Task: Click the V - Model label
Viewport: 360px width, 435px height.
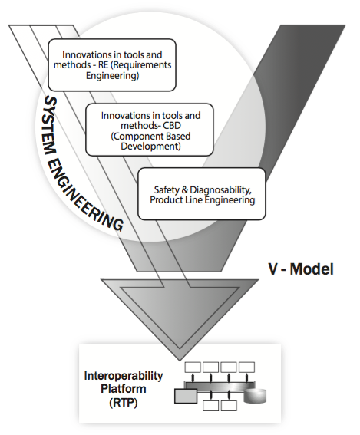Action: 301,269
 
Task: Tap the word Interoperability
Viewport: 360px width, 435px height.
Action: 124,376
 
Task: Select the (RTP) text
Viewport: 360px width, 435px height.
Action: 124,403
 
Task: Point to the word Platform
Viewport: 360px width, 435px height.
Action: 124,389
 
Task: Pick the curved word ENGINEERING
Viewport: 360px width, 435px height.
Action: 83,194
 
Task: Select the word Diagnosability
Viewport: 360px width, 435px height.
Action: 220,190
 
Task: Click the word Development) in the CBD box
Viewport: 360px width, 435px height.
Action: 150,147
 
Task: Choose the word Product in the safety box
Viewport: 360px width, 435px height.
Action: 166,200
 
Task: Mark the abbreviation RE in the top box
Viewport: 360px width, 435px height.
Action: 104,65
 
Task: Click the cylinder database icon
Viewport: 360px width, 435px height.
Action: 255,396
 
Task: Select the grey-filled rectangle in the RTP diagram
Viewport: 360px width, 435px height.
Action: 186,396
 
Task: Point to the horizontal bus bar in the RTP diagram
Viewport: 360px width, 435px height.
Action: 220,386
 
